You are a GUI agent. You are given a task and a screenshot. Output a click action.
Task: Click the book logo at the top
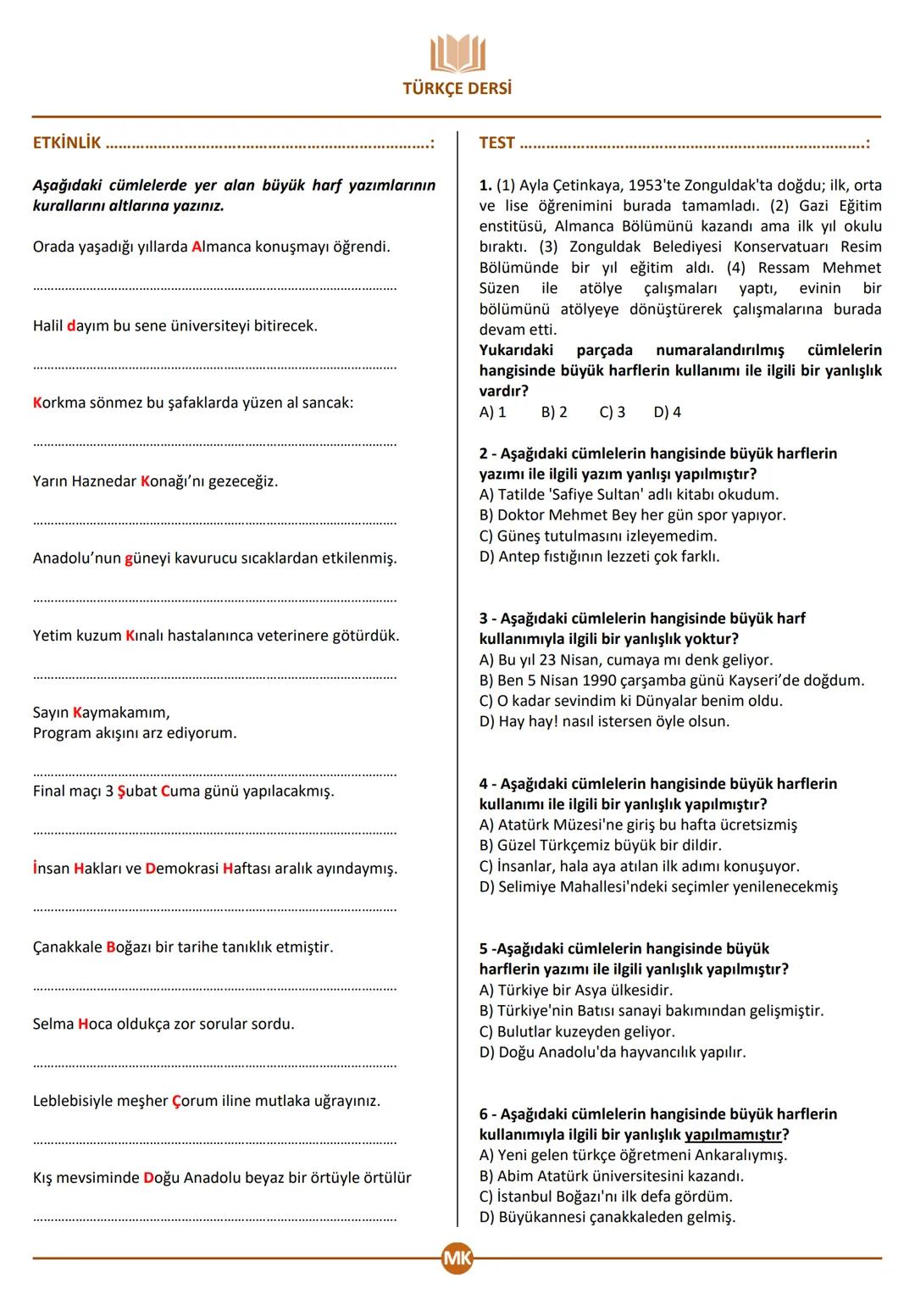pyautogui.click(x=457, y=53)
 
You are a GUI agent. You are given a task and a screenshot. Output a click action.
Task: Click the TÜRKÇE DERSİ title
pyautogui.click(x=457, y=88)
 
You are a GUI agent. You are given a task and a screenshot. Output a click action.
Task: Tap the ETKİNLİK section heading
pyautogui.click(x=67, y=143)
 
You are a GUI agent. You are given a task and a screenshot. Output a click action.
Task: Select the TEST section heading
pyautogui.click(x=496, y=143)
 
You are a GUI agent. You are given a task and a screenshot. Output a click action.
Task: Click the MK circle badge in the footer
pyautogui.click(x=457, y=1258)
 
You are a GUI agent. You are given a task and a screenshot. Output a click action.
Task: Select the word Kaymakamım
pyautogui.click(x=121, y=713)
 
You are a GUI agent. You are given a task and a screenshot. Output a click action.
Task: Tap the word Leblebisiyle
pyautogui.click(x=76, y=1101)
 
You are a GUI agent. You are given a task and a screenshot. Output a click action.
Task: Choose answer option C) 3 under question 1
pyautogui.click(x=612, y=413)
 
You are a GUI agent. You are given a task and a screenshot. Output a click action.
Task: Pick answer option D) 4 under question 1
pyautogui.click(x=667, y=413)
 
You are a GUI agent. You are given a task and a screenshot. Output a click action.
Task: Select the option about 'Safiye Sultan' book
pyautogui.click(x=629, y=495)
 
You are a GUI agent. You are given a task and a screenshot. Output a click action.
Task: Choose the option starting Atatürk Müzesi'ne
pyautogui.click(x=637, y=825)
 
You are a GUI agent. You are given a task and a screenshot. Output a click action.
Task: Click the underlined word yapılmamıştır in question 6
pyautogui.click(x=734, y=1135)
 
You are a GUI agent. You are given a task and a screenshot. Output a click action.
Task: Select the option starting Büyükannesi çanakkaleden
pyautogui.click(x=607, y=1218)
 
